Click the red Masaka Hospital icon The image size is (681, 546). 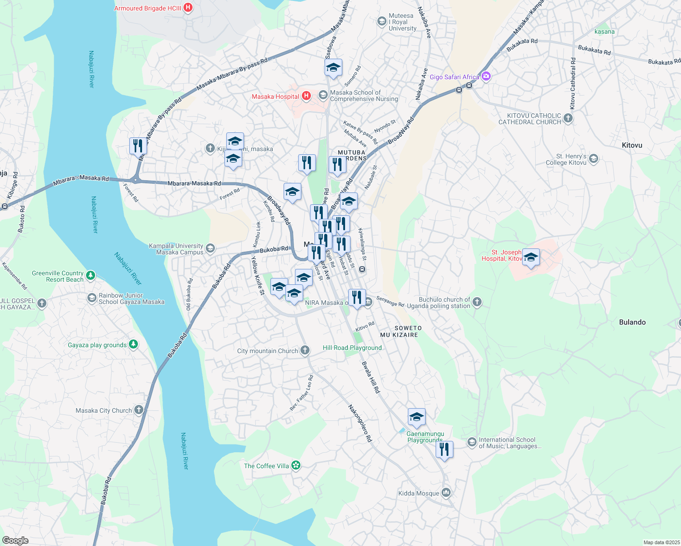tap(306, 96)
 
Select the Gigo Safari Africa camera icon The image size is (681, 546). tap(486, 76)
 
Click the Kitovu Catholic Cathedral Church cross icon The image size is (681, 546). tap(568, 118)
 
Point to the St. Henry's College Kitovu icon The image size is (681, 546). tap(593, 159)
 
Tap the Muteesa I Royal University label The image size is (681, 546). tap(402, 22)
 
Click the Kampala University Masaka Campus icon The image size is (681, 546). tap(210, 248)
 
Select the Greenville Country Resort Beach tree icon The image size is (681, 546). tap(91, 275)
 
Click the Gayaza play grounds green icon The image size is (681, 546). tap(133, 344)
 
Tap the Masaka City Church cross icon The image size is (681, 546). tap(139, 410)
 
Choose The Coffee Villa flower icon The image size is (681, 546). tap(296, 465)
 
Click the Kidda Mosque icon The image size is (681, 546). tap(446, 493)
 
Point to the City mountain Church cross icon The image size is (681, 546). tap(305, 350)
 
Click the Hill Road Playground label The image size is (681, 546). tap(352, 348)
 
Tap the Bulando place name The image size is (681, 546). tap(632, 322)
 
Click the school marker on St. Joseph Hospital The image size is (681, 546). tap(531, 258)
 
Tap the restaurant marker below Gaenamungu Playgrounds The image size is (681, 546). tap(444, 450)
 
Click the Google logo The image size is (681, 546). tap(15, 540)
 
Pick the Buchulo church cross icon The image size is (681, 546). tap(477, 302)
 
